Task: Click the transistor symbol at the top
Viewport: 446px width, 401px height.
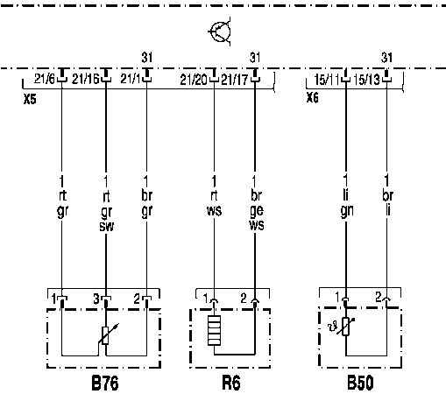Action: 220,32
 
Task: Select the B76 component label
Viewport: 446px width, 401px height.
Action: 105,383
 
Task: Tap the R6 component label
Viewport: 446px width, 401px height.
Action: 231,383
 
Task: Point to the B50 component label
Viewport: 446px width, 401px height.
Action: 360,383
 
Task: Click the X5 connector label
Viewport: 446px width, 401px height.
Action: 30,100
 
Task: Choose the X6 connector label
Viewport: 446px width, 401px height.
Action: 313,98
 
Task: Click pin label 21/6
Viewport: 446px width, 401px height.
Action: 45,79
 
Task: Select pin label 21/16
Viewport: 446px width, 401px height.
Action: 85,79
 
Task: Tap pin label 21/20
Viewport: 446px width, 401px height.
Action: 194,80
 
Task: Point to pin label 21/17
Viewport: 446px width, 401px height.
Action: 234,80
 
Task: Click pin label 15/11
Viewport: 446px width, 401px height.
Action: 326,80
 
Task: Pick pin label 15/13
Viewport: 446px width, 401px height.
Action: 366,80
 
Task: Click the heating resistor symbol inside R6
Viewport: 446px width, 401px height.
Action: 214,331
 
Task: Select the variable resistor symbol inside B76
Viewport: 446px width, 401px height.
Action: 107,334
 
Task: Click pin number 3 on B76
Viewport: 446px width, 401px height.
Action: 96,299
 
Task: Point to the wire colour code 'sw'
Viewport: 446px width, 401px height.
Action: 106,226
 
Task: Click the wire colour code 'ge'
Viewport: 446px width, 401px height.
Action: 257,210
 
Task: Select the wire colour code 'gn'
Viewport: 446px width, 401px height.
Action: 347,211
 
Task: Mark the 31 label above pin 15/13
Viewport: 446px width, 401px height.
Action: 386,58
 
